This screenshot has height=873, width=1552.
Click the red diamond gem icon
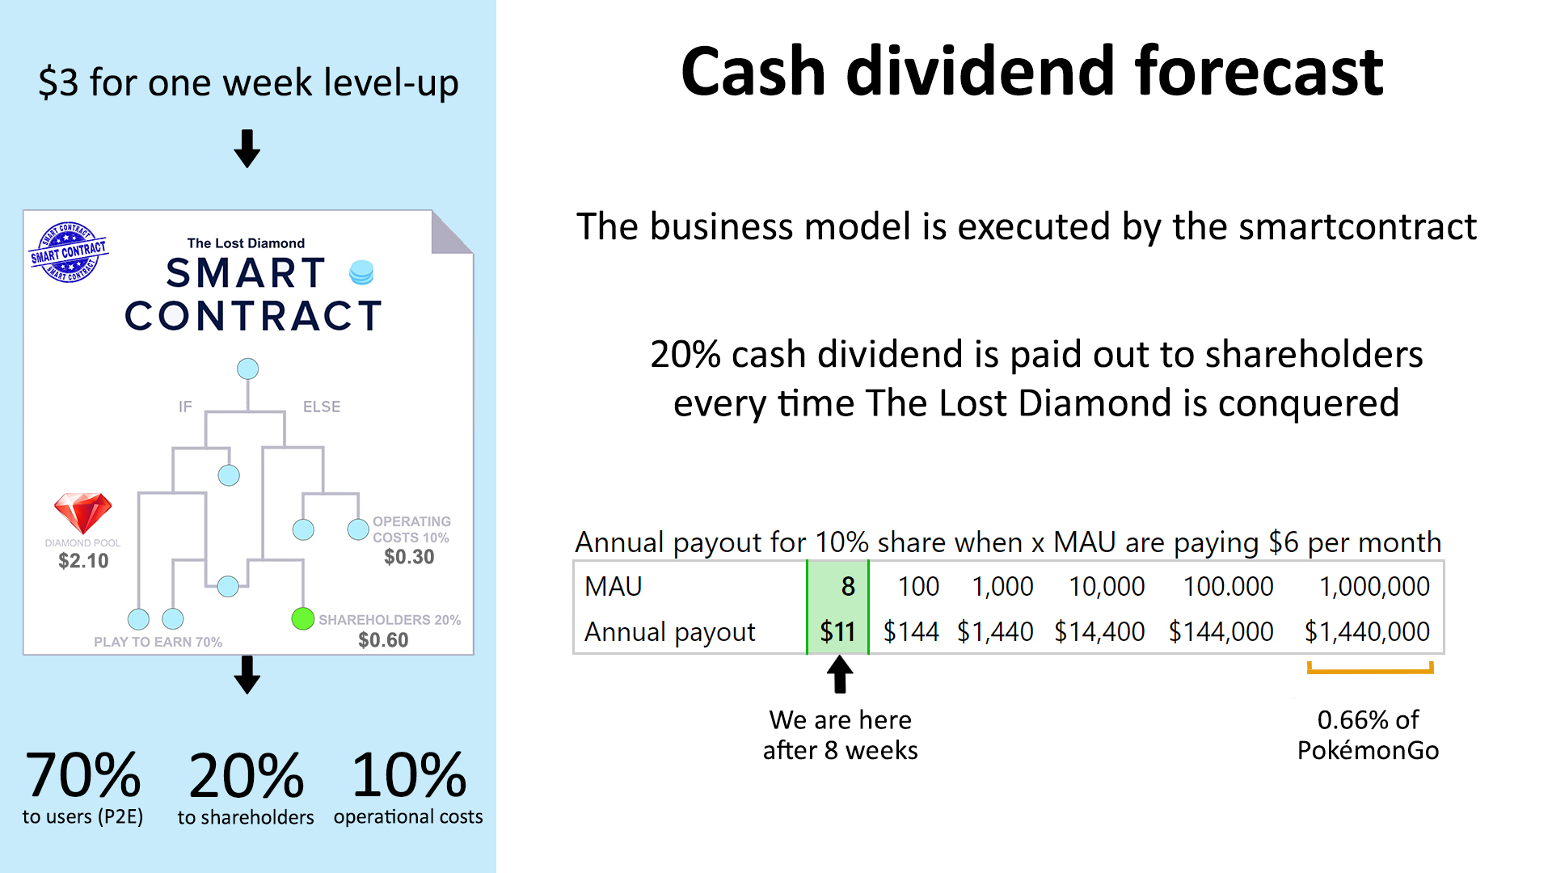click(x=82, y=513)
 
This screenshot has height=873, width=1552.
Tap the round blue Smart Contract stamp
click(x=69, y=252)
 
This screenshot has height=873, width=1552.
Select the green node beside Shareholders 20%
click(x=302, y=618)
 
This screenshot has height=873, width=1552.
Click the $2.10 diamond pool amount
click(x=83, y=561)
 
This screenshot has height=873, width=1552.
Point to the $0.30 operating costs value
click(x=409, y=557)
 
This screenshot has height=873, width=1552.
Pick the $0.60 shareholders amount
click(x=383, y=640)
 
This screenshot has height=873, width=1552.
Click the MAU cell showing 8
click(x=848, y=586)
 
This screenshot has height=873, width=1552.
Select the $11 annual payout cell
click(x=837, y=631)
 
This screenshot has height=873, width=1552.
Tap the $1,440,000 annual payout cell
click(x=1367, y=631)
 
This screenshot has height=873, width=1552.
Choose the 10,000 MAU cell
click(x=1107, y=586)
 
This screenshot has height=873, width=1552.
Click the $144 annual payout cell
click(x=911, y=631)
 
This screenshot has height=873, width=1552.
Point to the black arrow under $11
click(x=840, y=674)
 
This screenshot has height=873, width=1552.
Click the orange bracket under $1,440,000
click(x=1370, y=669)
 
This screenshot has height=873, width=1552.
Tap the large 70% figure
click(x=83, y=774)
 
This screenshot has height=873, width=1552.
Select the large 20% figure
click(x=247, y=774)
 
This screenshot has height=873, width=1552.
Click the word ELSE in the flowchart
click(x=322, y=407)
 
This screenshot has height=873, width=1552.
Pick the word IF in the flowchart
click(x=185, y=407)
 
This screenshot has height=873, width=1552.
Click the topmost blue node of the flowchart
click(x=247, y=369)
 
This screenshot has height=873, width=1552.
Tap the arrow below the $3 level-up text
click(x=247, y=149)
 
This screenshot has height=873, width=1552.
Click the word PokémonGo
click(x=1368, y=750)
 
